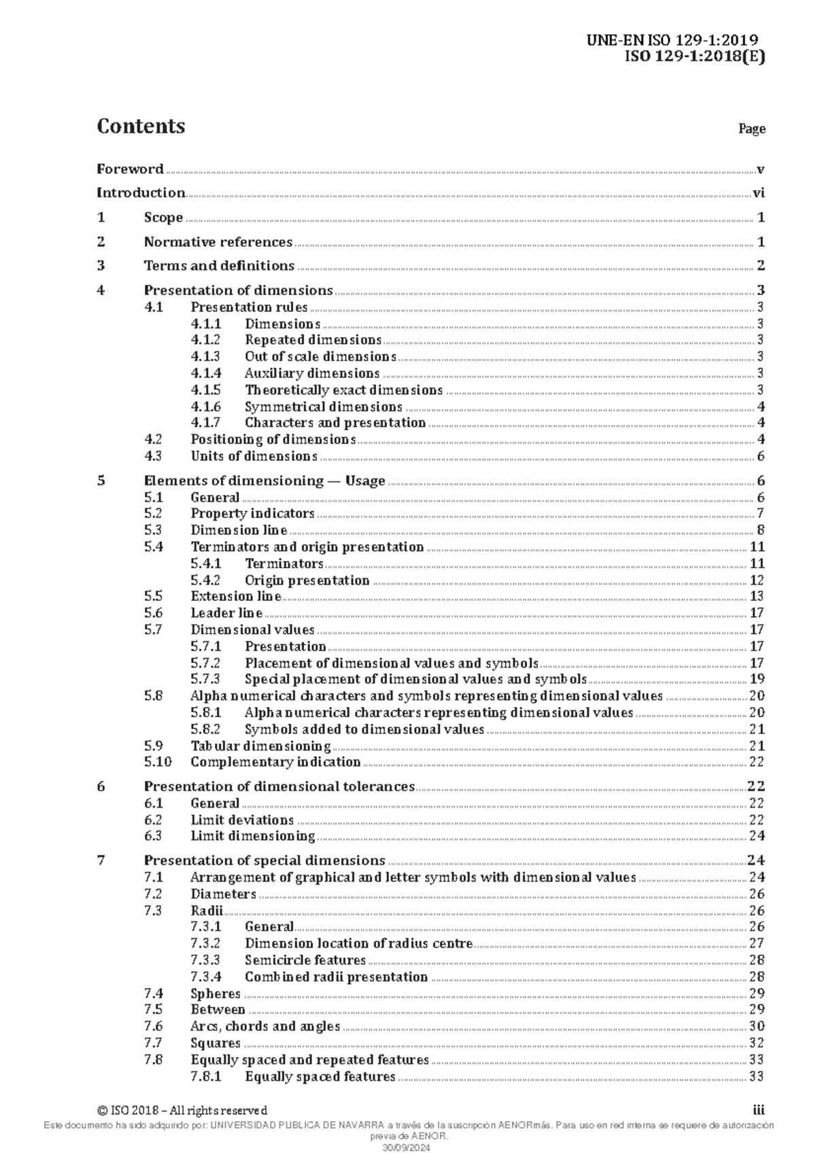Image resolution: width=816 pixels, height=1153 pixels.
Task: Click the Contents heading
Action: pyautogui.click(x=141, y=126)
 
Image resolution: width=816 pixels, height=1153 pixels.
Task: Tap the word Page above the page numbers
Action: pyautogui.click(x=752, y=128)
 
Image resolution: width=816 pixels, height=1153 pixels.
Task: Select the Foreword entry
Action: pyautogui.click(x=130, y=169)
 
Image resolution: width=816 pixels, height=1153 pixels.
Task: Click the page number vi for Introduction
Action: pyautogui.click(x=758, y=192)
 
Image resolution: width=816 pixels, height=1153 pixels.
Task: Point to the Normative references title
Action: pyautogui.click(x=218, y=242)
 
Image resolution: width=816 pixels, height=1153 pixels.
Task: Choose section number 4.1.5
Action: pyautogui.click(x=205, y=390)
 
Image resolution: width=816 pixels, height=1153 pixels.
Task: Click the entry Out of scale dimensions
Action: pyautogui.click(x=320, y=357)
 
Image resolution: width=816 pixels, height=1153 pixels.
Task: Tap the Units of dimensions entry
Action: pyautogui.click(x=254, y=456)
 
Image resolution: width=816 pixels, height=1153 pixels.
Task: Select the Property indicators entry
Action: pyautogui.click(x=252, y=513)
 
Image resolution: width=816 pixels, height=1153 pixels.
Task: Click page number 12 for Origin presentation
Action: pyautogui.click(x=757, y=581)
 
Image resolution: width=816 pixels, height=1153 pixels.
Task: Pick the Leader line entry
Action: pyautogui.click(x=226, y=613)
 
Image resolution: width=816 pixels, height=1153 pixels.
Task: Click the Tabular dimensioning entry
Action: pyautogui.click(x=260, y=746)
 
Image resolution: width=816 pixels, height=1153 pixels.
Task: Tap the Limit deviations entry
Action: pyautogui.click(x=242, y=820)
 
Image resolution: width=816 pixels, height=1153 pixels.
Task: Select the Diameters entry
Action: pyautogui.click(x=223, y=894)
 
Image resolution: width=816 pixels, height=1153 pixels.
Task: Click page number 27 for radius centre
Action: pyautogui.click(x=757, y=944)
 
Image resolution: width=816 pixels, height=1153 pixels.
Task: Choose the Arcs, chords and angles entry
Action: pyautogui.click(x=265, y=1027)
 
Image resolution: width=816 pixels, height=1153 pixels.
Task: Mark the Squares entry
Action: pyautogui.click(x=216, y=1043)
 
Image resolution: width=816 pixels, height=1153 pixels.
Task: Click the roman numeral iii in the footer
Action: pyautogui.click(x=759, y=1110)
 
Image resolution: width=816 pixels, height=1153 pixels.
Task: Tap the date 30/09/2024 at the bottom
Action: pyautogui.click(x=407, y=1148)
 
